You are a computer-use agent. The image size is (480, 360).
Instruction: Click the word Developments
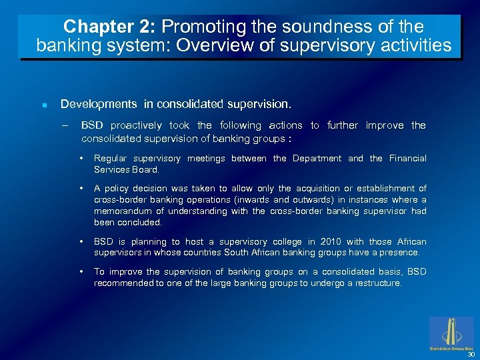click(99, 105)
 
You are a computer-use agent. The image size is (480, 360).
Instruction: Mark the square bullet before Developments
click(43, 105)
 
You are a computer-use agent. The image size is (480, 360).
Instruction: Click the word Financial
click(407, 159)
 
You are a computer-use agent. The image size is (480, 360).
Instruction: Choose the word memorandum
click(123, 211)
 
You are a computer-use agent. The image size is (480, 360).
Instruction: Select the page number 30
click(471, 355)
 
